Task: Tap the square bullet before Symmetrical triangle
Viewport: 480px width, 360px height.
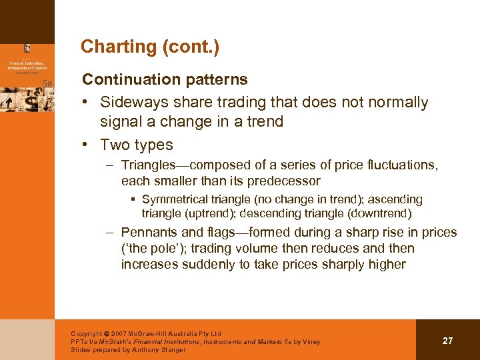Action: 133,199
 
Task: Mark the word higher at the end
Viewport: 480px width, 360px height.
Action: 385,265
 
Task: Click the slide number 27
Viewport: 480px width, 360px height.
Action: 447,341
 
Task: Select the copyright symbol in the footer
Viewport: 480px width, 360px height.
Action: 108,334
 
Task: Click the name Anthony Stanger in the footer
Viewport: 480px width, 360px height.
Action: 160,350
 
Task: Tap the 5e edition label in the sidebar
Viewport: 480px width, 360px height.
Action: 47,83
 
